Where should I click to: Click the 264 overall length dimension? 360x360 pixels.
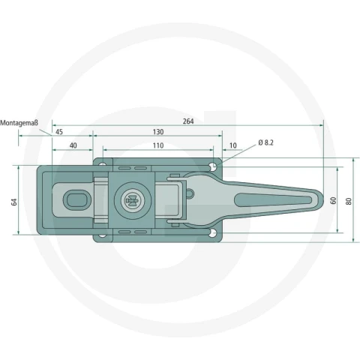click(188, 121)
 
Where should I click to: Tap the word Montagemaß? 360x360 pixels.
click(19, 123)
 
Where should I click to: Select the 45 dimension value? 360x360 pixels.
click(59, 132)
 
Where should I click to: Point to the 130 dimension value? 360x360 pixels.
click(158, 132)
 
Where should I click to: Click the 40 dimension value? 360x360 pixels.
click(73, 145)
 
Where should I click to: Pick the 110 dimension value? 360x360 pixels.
click(158, 145)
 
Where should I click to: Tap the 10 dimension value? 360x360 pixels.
click(232, 145)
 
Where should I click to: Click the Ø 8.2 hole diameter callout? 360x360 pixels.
click(266, 142)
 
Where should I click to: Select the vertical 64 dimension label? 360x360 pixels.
click(14, 202)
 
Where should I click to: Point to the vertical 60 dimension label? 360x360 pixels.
click(333, 200)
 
